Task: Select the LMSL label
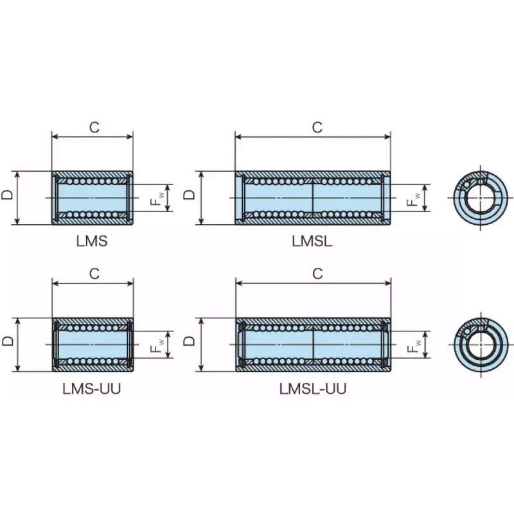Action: [x=312, y=242]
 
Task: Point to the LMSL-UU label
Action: [x=312, y=389]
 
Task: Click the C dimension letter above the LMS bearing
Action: [x=94, y=127]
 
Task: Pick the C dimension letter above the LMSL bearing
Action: [x=317, y=127]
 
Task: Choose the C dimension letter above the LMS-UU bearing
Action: [x=94, y=274]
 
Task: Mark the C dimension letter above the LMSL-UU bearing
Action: [x=317, y=274]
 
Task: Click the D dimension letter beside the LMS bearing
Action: [x=7, y=195]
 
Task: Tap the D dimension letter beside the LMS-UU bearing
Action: [x=7, y=341]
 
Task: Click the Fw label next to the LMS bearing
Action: [x=156, y=198]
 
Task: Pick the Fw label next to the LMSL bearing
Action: [x=413, y=198]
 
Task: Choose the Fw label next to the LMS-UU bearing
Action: [x=156, y=344]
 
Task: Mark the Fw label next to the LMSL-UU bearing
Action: [x=413, y=344]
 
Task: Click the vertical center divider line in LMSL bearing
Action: [x=313, y=198]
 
